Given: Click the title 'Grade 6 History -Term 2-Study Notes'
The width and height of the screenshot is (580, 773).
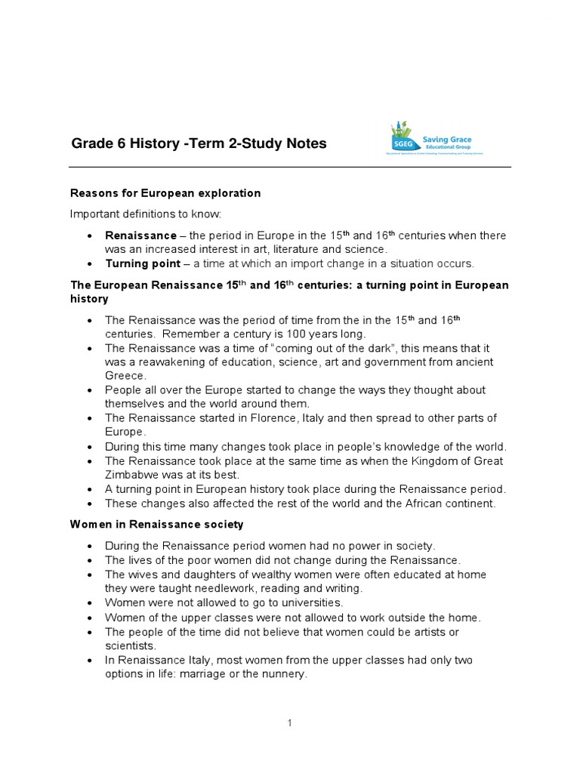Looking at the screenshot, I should (x=199, y=143).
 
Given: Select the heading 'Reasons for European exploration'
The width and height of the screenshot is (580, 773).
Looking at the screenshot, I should (x=165, y=193).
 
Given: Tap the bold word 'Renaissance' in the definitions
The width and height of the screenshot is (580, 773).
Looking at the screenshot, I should (x=140, y=236).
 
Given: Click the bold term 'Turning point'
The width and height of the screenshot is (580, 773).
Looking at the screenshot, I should (x=143, y=263).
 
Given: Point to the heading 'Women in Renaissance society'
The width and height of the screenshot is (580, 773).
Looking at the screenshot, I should (x=157, y=524).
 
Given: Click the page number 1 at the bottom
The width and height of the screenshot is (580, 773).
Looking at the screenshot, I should (x=290, y=723).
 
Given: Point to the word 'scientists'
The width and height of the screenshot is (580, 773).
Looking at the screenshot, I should (x=131, y=645).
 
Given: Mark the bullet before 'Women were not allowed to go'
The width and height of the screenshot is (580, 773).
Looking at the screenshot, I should (x=90, y=602).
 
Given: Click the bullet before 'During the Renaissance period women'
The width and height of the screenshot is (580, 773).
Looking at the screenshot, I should (x=90, y=546).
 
